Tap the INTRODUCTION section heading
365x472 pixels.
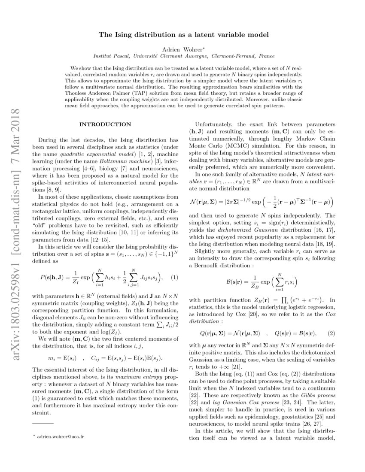105,124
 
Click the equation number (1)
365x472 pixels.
174,278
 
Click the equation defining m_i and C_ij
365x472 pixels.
105,357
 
